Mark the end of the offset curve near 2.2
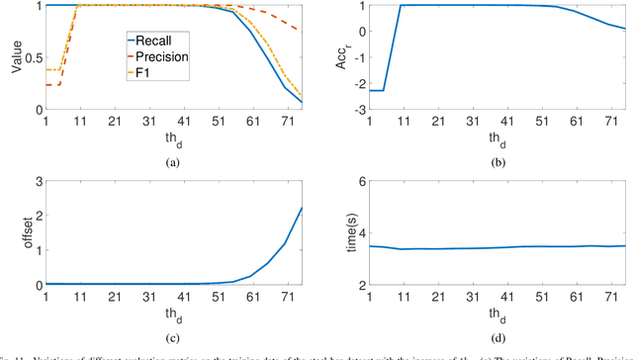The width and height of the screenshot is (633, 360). [302, 209]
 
